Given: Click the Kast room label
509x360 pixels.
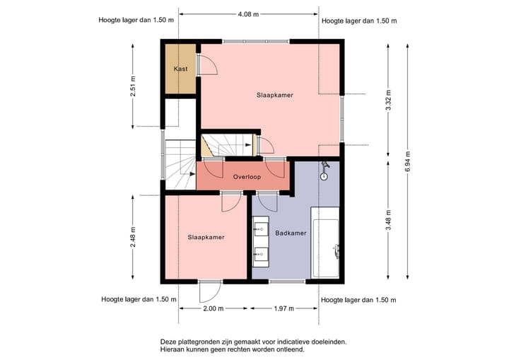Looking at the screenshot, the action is [x=180, y=69].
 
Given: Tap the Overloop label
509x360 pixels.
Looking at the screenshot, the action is [x=247, y=177].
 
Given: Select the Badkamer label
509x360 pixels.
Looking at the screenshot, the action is [x=291, y=233].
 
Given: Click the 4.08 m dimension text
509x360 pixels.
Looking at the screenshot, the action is [x=248, y=14].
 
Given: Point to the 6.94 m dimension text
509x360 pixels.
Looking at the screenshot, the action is [x=408, y=162].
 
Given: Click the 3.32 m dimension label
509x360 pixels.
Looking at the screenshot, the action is [x=388, y=100].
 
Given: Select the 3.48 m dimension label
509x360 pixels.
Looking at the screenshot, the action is [x=388, y=220].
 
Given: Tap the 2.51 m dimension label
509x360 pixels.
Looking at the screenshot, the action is [x=133, y=86].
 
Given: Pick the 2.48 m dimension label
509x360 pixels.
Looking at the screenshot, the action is [x=133, y=237].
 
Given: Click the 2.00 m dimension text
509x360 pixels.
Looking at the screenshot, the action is [x=213, y=308].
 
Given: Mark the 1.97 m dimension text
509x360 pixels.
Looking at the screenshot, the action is [x=284, y=308].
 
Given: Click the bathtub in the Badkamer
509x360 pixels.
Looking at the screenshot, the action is [x=325, y=243].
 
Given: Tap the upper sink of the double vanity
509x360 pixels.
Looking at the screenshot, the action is [x=261, y=229].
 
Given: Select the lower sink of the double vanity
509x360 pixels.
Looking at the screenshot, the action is [x=261, y=254].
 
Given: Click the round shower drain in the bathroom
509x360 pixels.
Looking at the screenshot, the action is [x=324, y=176].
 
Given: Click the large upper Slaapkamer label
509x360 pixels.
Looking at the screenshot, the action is [x=275, y=95].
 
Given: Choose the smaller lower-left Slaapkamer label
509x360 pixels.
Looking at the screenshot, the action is [x=206, y=238].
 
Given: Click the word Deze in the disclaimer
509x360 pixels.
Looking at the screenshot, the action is [x=168, y=342].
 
